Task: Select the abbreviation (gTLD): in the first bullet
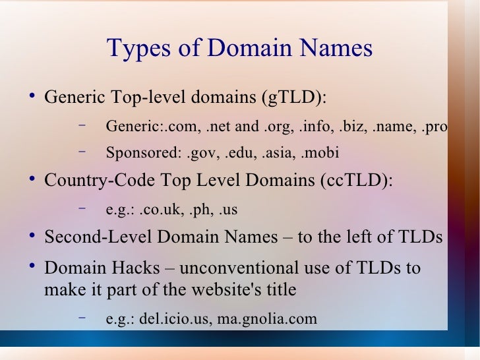(295, 98)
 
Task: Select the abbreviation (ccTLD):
(357, 181)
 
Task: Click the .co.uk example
(161, 210)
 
